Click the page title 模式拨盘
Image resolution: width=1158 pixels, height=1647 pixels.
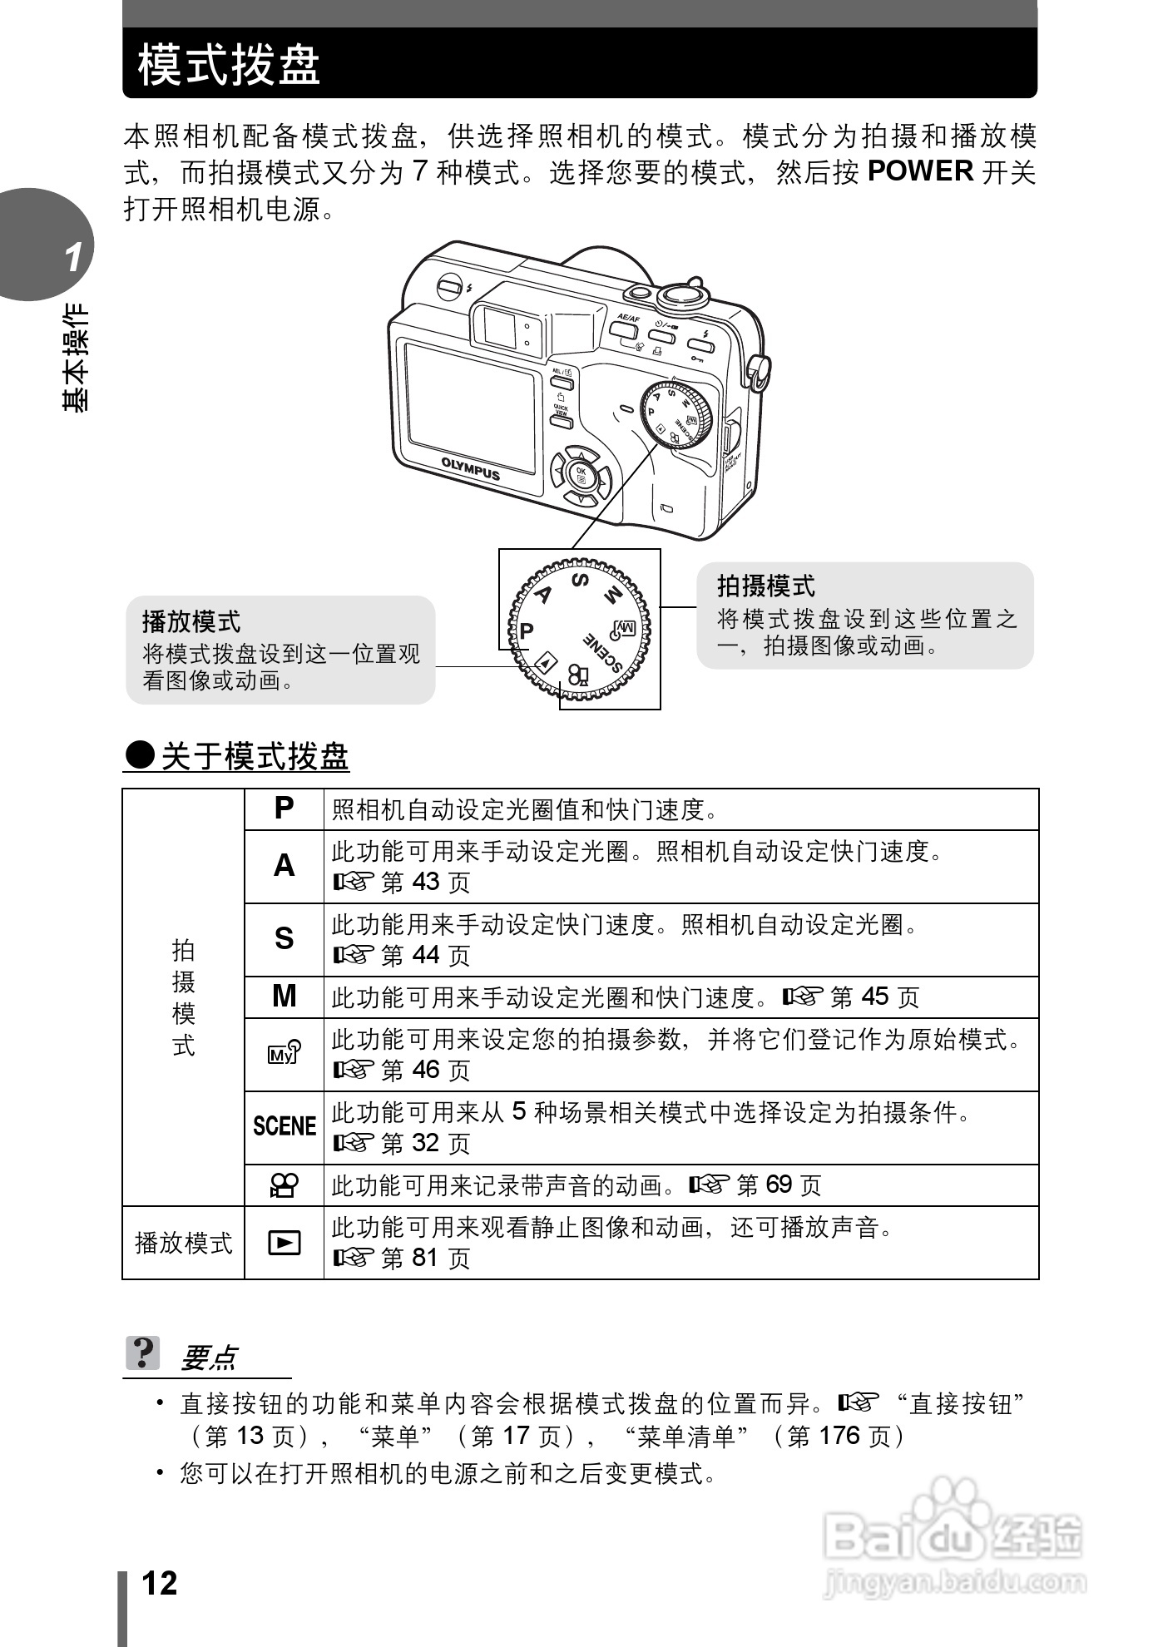click(x=229, y=64)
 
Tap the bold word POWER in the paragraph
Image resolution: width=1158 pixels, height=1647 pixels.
click(x=919, y=171)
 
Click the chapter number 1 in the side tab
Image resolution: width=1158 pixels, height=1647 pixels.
click(x=74, y=257)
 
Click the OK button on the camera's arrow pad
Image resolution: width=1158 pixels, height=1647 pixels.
click(x=581, y=475)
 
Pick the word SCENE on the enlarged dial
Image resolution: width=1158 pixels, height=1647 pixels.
click(x=603, y=653)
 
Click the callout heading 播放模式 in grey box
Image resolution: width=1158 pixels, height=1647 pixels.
click(x=191, y=621)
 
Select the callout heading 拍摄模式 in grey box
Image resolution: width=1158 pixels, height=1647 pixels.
click(x=766, y=586)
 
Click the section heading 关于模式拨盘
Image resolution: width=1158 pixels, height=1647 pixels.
click(x=255, y=757)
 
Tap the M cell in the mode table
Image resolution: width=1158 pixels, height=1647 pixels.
click(x=284, y=996)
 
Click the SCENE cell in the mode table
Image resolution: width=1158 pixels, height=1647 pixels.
click(x=284, y=1126)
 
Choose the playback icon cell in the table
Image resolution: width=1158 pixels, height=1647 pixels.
click(x=284, y=1242)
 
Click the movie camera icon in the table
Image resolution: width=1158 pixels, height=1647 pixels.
click(x=284, y=1185)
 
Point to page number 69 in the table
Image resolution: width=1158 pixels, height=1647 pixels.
click(x=779, y=1185)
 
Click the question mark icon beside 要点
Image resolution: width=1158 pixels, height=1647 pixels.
click(x=143, y=1353)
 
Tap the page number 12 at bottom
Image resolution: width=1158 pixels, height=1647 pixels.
click(x=160, y=1583)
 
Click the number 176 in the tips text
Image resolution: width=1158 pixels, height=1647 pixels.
click(x=840, y=1436)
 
